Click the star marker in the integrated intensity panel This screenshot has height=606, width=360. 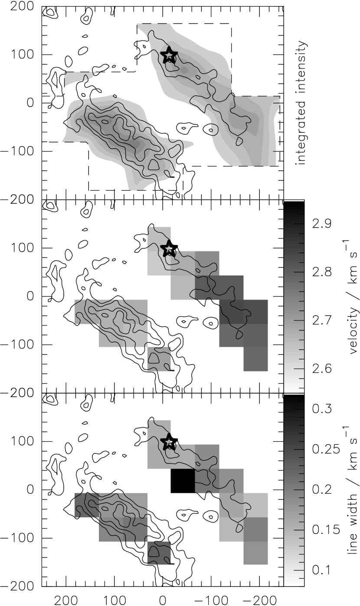click(x=169, y=55)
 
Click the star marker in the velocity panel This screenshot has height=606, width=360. click(x=169, y=248)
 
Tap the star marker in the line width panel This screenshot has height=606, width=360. click(x=169, y=441)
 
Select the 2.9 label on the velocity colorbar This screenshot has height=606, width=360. click(x=322, y=224)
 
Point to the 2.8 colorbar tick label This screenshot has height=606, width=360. click(x=322, y=272)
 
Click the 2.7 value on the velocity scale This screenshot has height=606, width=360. click(x=322, y=320)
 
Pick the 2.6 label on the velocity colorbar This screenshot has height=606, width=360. click(x=322, y=368)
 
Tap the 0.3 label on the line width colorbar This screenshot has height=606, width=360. click(x=322, y=409)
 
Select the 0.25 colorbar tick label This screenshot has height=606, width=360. click(x=326, y=449)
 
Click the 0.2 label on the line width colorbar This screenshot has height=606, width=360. click(x=322, y=489)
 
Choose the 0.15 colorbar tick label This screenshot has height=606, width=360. click(x=326, y=530)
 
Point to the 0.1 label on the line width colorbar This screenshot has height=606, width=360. click(x=322, y=570)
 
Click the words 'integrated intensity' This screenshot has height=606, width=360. click(x=301, y=103)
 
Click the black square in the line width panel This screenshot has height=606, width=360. click(x=183, y=480)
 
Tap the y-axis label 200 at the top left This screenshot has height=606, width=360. click(x=22, y=6)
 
